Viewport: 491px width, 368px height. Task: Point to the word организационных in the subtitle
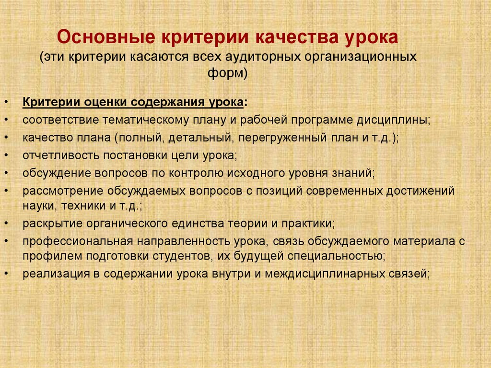[x=361, y=57]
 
